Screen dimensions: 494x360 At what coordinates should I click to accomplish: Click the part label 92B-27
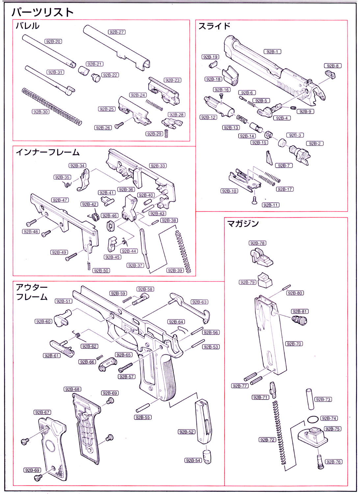pos(117,32)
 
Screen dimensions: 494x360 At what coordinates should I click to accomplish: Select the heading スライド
pos(214,26)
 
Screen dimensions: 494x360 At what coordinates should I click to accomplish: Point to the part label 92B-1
pos(272,52)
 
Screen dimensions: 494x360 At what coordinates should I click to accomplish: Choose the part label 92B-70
pos(294,344)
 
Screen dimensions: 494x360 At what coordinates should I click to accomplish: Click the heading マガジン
pos(243,224)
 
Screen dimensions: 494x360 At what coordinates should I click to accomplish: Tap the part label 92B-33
pos(158,166)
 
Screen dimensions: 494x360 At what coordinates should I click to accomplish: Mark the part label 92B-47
pos(60,200)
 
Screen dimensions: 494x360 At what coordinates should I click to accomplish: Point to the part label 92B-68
pos(72,389)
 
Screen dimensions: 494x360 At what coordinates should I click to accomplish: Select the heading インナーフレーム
pos(48,152)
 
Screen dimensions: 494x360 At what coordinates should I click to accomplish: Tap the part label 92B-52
pos(187,432)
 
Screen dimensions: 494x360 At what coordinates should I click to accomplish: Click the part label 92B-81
pos(299,312)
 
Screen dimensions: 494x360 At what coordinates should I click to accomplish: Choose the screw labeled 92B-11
pos(254,200)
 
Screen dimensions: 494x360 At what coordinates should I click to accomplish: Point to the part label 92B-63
pos(199,302)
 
